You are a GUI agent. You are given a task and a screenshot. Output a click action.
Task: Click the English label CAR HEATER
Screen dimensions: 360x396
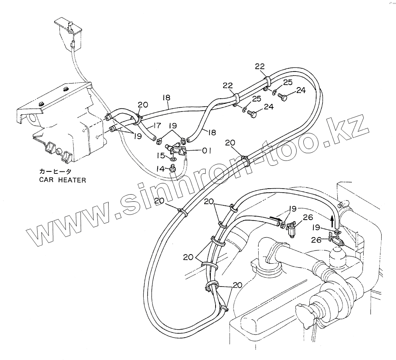(x=62, y=180)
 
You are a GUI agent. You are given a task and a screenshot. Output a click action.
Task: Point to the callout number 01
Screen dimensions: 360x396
(x=206, y=151)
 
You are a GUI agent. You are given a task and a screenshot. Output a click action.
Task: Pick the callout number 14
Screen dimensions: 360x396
(x=160, y=169)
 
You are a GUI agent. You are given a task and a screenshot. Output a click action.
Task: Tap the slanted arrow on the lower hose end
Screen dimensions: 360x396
(x=274, y=219)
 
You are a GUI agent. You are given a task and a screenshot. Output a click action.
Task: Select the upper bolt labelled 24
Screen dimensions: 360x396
(x=284, y=97)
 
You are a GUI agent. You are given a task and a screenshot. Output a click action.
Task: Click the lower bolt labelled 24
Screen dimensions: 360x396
(x=252, y=114)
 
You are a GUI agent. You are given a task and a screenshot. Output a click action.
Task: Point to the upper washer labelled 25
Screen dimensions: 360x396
(x=275, y=93)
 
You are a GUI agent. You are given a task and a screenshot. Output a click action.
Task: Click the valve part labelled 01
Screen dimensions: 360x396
(x=178, y=150)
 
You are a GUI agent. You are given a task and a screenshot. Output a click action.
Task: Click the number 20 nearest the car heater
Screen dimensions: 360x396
(x=143, y=105)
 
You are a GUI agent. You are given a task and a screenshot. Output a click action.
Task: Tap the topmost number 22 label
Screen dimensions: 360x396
(x=260, y=67)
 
